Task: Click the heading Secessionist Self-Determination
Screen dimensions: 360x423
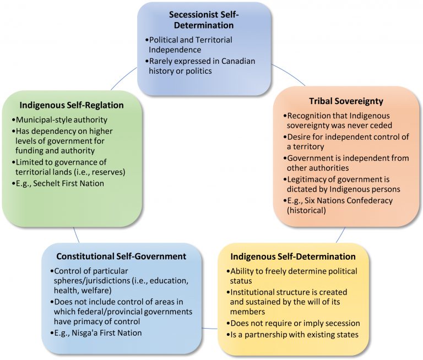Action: coord(204,19)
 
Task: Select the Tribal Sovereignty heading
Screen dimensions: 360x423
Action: coord(346,101)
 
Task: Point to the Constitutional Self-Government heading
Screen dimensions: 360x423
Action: coord(121,257)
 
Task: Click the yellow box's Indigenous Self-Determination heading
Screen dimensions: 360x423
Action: coord(292,257)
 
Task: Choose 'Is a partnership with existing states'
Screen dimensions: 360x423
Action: coord(294,334)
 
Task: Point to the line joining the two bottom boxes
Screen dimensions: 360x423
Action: coord(210,329)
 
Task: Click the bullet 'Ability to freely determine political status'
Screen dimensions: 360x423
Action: coord(292,276)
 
